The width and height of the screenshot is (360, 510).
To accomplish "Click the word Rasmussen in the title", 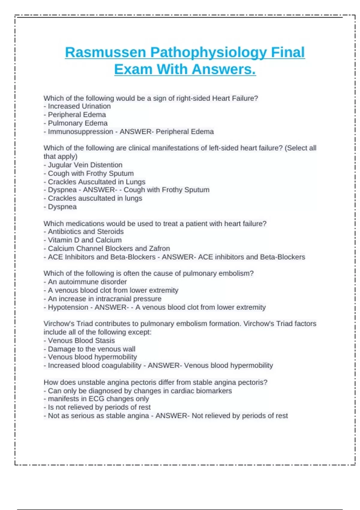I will (x=105, y=52).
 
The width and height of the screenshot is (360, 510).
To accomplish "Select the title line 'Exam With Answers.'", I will (x=185, y=69).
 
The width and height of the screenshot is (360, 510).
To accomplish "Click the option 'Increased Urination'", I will (x=79, y=106).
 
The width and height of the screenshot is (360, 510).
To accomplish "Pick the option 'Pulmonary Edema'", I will (x=77, y=123).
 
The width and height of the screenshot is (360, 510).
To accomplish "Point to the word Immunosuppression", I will (x=80, y=132).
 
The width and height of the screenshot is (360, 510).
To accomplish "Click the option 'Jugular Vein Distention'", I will (x=85, y=165).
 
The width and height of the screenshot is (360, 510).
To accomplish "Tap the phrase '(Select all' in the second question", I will (x=300, y=148).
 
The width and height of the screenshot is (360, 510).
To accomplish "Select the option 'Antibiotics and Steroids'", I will (x=85, y=232).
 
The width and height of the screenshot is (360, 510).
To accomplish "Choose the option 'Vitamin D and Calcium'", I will (x=85, y=240).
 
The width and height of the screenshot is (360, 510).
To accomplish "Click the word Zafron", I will (x=159, y=248).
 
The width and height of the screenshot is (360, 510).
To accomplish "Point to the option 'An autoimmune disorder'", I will (x=87, y=282).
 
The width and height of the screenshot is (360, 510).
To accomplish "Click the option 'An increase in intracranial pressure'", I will (x=104, y=299).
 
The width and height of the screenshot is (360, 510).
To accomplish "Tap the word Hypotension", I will (x=68, y=307).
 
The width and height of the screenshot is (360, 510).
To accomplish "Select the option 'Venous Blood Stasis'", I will (x=81, y=340).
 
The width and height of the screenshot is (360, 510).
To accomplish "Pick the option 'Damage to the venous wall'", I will (x=91, y=349).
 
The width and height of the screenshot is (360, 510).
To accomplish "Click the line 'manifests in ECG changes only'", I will (x=98, y=399).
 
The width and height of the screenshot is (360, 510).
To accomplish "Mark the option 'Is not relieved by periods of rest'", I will (x=99, y=407).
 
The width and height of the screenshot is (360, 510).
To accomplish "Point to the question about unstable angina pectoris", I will (x=155, y=382).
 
